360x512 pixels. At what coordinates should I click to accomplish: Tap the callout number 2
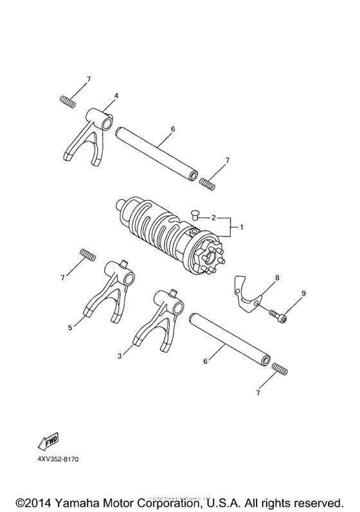213,218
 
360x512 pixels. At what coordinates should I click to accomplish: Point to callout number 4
116,96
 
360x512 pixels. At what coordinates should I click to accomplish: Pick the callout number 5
70,328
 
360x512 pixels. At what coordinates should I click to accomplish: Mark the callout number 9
303,293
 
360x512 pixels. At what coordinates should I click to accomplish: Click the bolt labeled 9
278,315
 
